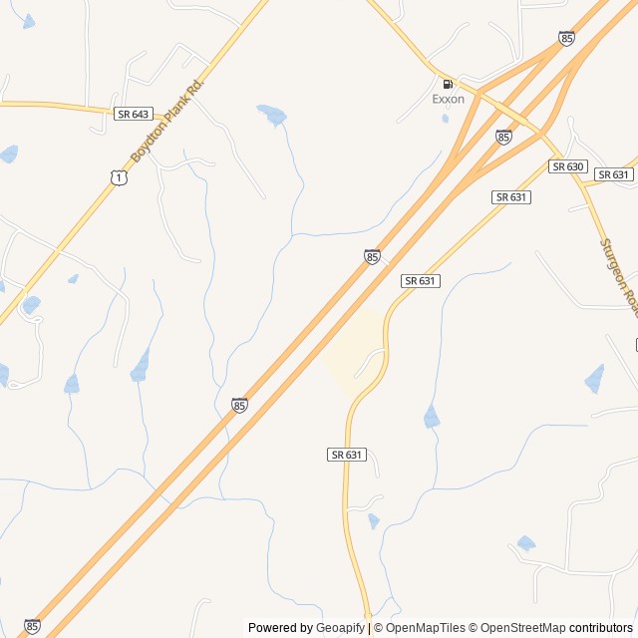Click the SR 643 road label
[x=133, y=114]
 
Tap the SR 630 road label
[x=568, y=166]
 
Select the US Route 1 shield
[x=119, y=176]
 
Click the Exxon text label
[x=448, y=100]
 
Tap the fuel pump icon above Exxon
[x=448, y=84]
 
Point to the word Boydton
[x=147, y=143]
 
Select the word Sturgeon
[x=616, y=269]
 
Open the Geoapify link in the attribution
[x=340, y=628]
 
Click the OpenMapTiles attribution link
[x=425, y=628]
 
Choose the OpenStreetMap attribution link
[x=523, y=628]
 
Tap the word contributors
[x=601, y=628]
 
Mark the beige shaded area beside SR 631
[x=352, y=349]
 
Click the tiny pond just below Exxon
[x=446, y=119]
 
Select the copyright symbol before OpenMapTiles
[x=379, y=628]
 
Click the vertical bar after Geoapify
[x=369, y=628]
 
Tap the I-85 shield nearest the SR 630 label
[x=503, y=137]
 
